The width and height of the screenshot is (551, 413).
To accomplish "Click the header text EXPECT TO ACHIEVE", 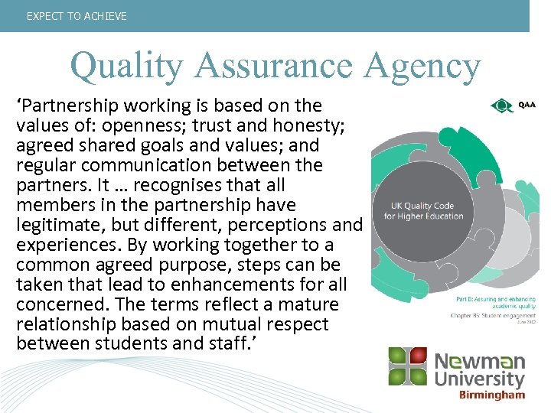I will click(77, 16).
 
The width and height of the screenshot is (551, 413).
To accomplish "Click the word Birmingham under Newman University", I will click(491, 395).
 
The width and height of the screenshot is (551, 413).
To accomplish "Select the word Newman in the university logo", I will click(480, 360).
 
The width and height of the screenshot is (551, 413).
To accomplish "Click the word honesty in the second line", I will click(282, 125).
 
